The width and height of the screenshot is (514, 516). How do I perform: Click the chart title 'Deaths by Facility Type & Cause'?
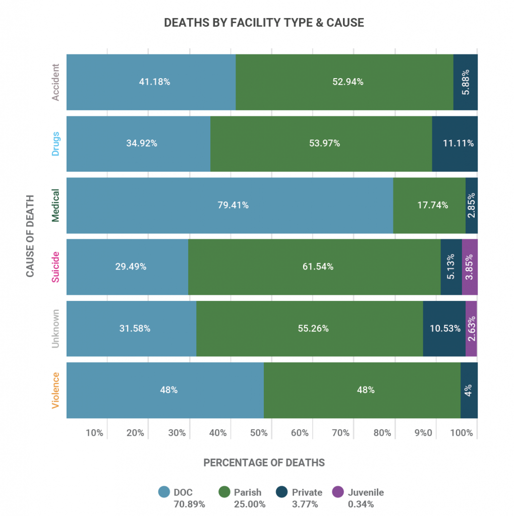pyautogui.click(x=264, y=23)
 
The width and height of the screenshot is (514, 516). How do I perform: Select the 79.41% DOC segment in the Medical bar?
pyautogui.click(x=230, y=205)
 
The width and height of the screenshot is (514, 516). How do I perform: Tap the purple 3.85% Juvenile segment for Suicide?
pyautogui.click(x=469, y=267)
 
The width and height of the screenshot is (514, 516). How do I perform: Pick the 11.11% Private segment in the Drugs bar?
pyautogui.click(x=454, y=143)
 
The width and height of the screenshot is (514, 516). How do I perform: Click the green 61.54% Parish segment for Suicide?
pyautogui.click(x=314, y=267)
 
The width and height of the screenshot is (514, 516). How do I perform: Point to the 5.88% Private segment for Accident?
pyautogui.click(x=465, y=82)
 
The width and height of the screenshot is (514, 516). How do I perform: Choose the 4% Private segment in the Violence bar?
pyautogui.click(x=469, y=390)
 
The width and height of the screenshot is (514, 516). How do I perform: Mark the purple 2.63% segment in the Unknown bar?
pyautogui.click(x=471, y=329)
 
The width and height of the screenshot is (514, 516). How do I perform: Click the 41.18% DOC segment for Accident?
pyautogui.click(x=151, y=82)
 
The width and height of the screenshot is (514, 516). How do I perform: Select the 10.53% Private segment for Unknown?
pyautogui.click(x=444, y=329)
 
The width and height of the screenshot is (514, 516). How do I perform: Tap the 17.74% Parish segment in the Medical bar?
pyautogui.click(x=429, y=205)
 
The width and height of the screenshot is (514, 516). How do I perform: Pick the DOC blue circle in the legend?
pyautogui.click(x=163, y=492)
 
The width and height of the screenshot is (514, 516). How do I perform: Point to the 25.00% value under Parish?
pyautogui.click(x=247, y=504)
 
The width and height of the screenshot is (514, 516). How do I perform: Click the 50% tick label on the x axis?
pyautogui.click(x=258, y=433)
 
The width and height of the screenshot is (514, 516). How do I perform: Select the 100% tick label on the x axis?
pyautogui.click(x=462, y=433)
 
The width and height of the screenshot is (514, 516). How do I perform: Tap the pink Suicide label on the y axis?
pyautogui.click(x=56, y=267)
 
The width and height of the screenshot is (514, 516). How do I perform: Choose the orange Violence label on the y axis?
pyautogui.click(x=56, y=390)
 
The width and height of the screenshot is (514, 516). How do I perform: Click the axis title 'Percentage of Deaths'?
pyautogui.click(x=264, y=463)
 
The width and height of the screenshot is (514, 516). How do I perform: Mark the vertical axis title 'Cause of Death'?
pyautogui.click(x=30, y=235)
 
